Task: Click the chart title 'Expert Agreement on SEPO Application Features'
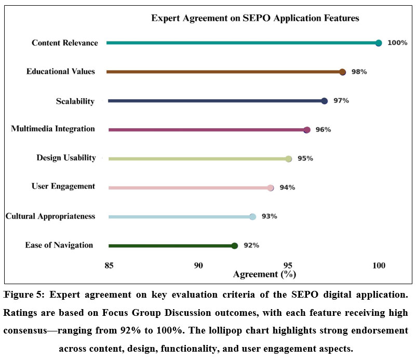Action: click(x=255, y=18)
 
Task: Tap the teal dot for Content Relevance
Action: click(x=379, y=43)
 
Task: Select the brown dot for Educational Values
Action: click(x=342, y=72)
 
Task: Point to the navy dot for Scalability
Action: click(x=325, y=101)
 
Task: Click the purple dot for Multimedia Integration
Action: click(x=306, y=130)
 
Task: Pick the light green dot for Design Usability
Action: click(x=289, y=159)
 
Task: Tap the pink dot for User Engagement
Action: click(x=271, y=188)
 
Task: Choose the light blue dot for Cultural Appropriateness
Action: click(x=252, y=217)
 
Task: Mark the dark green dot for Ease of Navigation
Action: click(x=235, y=246)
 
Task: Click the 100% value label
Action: click(x=397, y=43)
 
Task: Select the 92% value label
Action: click(x=251, y=246)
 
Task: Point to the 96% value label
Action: click(x=323, y=130)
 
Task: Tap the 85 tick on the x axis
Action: click(x=109, y=266)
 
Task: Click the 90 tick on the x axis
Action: click(x=198, y=266)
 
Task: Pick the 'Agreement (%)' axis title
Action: click(x=264, y=274)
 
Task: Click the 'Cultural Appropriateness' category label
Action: click(x=50, y=216)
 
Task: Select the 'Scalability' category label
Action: click(x=75, y=101)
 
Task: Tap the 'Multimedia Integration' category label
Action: click(x=53, y=129)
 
